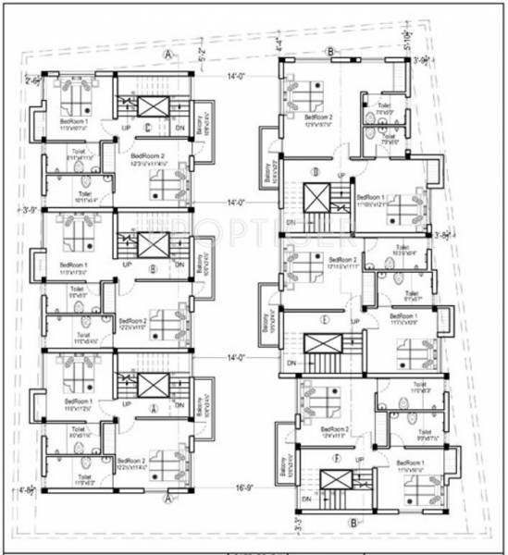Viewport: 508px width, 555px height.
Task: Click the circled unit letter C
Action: pos(148,128)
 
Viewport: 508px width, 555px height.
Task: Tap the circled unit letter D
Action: pos(315,171)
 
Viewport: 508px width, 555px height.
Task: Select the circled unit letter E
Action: pos(325,321)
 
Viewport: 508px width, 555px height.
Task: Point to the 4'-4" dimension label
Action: pos(276,43)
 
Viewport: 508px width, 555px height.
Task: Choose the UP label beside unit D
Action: pos(341,176)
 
